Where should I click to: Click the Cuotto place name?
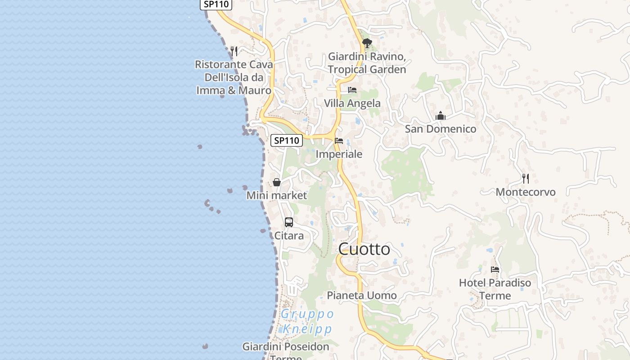[x=364, y=249]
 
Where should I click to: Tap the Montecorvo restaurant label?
[x=526, y=192]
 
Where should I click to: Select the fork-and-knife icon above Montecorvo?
[x=525, y=179]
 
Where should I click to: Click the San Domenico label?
[x=441, y=129]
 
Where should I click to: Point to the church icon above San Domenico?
[x=440, y=116]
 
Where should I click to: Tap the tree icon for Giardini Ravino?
[x=367, y=43]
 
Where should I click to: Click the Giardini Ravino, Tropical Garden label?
[x=367, y=63]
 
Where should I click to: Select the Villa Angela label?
[x=352, y=103]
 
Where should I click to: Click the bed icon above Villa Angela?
[x=352, y=90]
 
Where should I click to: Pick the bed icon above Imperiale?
[x=339, y=141]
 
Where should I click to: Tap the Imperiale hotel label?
[x=339, y=154]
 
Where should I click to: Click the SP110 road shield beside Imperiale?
[x=287, y=140]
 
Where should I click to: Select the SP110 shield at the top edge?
[x=216, y=4]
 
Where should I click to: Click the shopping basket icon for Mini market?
[x=277, y=182]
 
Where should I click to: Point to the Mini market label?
[x=277, y=196]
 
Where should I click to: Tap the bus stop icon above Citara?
[x=289, y=222]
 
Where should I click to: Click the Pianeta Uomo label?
[x=362, y=296]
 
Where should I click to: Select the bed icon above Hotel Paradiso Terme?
[x=495, y=270]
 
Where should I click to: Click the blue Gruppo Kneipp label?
[x=307, y=321]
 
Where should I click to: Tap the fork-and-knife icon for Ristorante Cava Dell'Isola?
[x=234, y=51]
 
